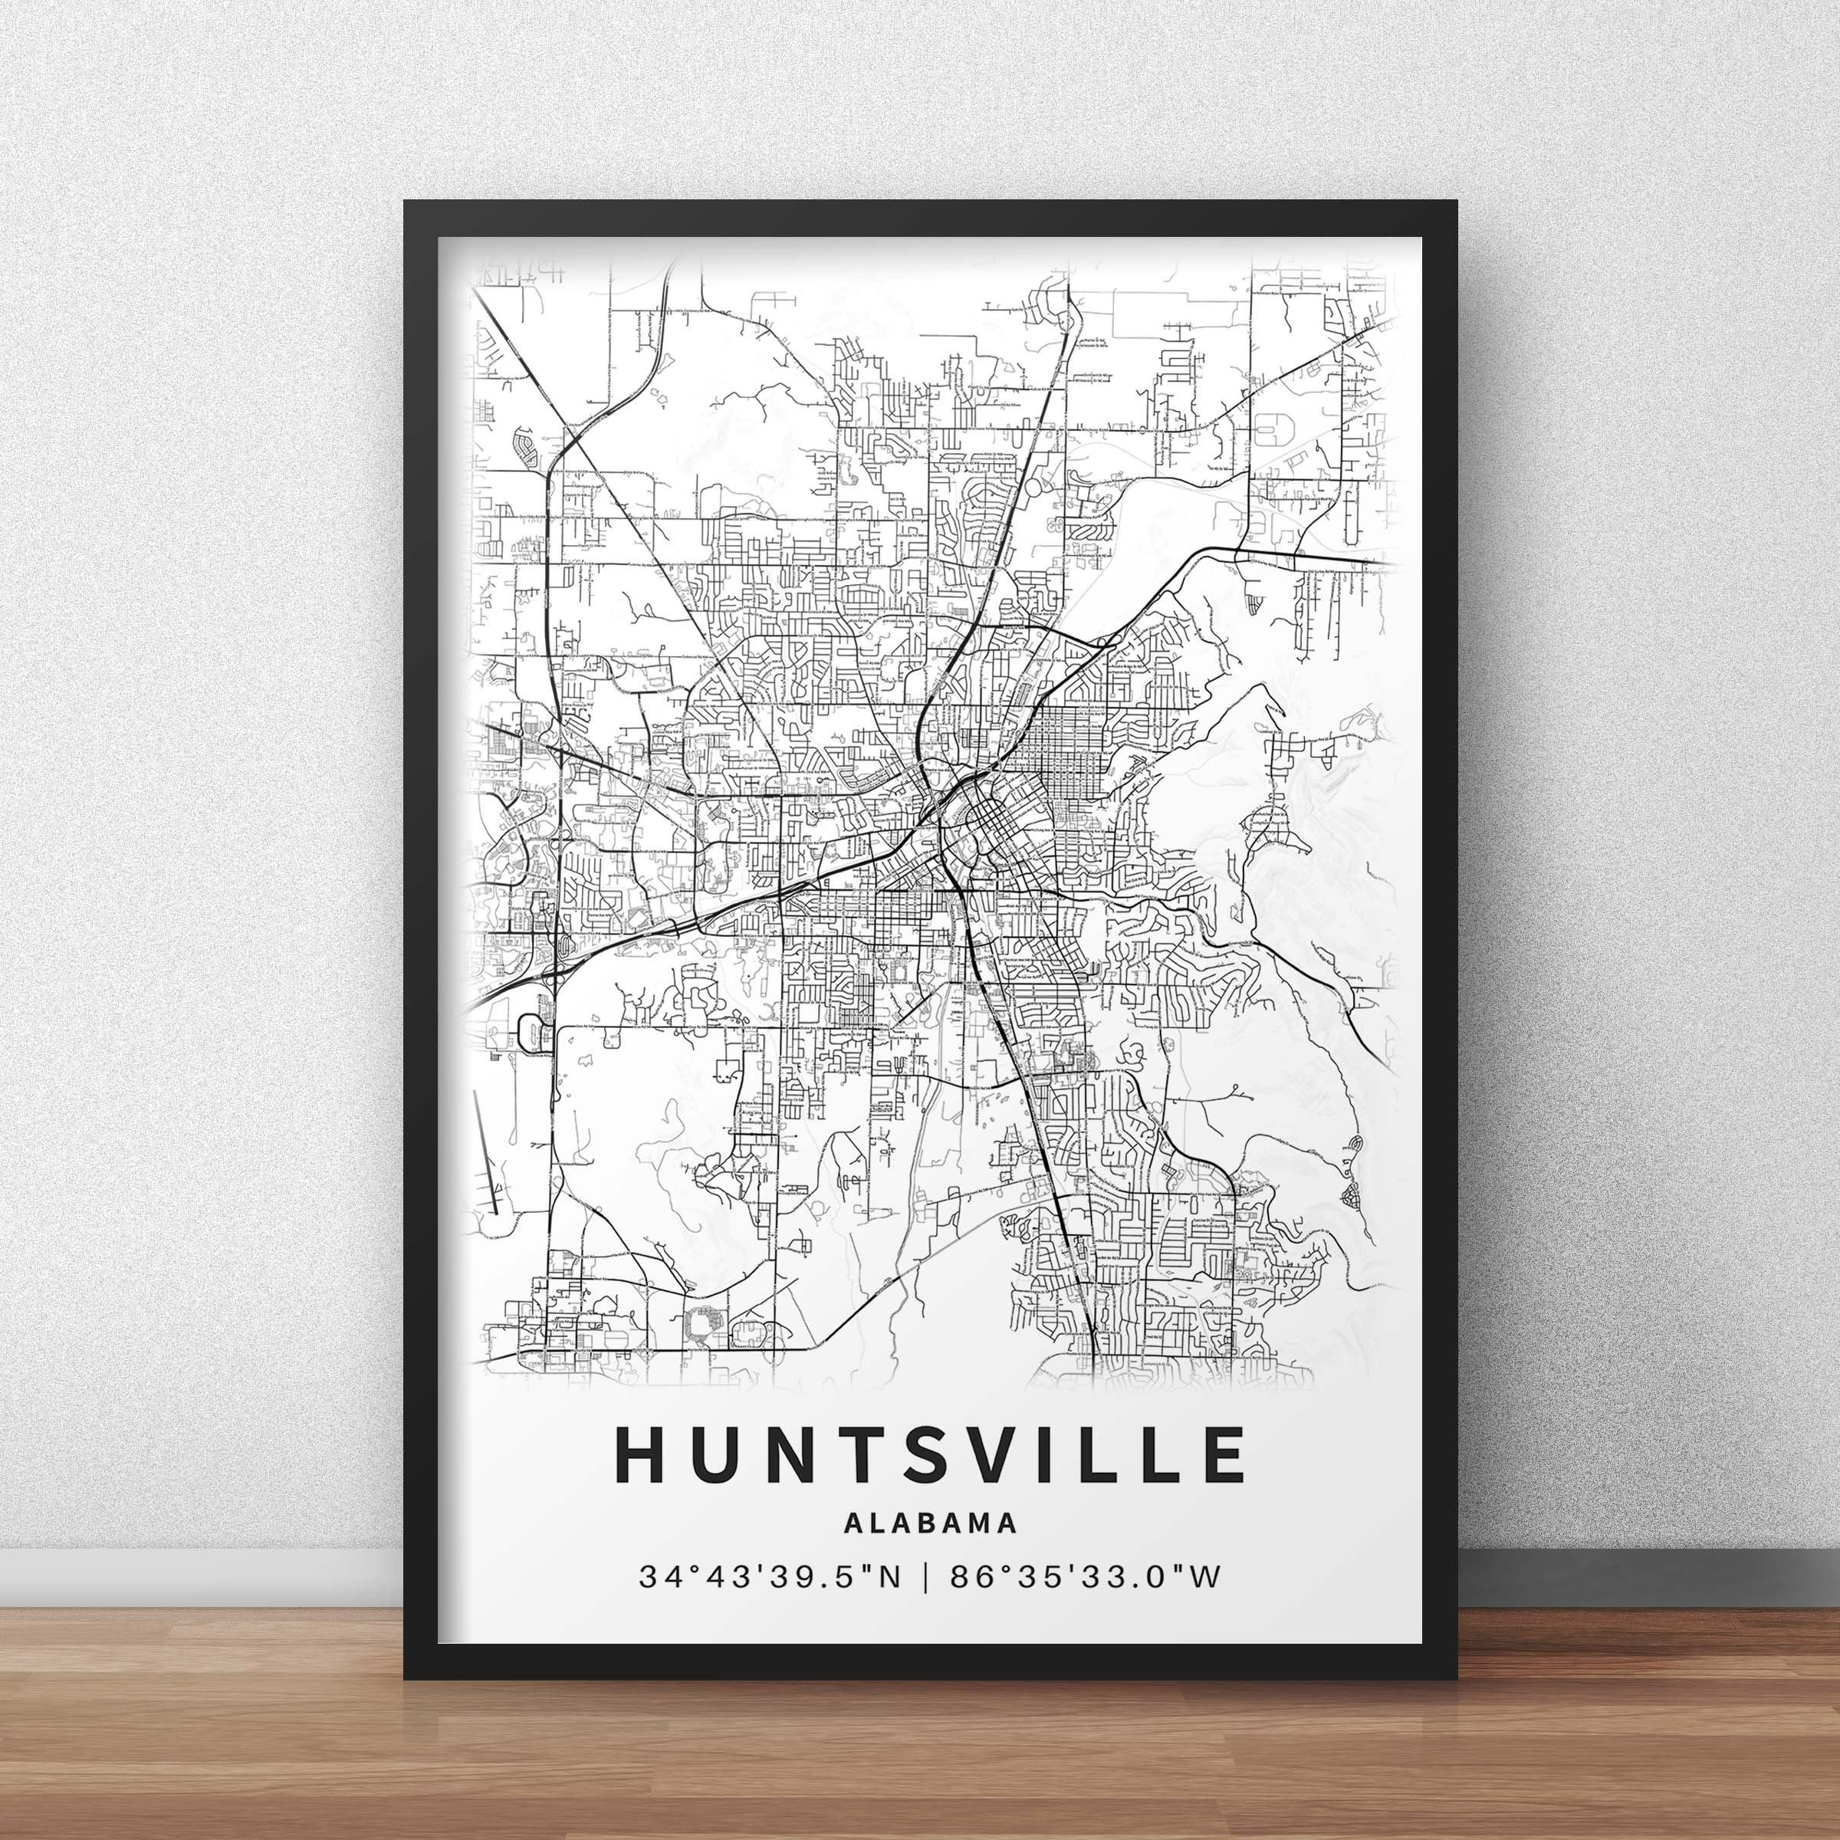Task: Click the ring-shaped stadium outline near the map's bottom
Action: coord(703,1321)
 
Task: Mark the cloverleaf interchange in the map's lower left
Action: coord(530,1030)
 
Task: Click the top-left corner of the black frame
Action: coord(408,205)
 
